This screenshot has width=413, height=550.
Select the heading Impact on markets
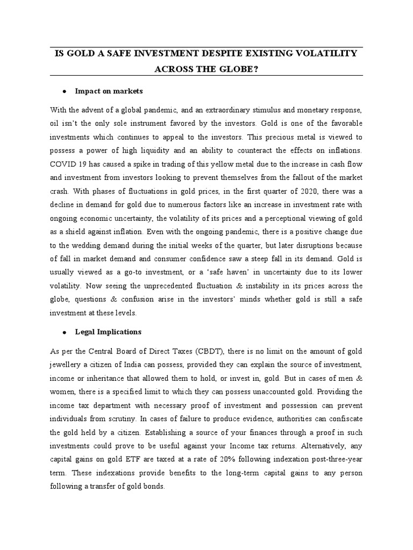pyautogui.click(x=109, y=91)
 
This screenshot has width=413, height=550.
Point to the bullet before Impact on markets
pyautogui.click(x=65, y=91)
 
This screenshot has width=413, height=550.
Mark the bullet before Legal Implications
pyautogui.click(x=65, y=332)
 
